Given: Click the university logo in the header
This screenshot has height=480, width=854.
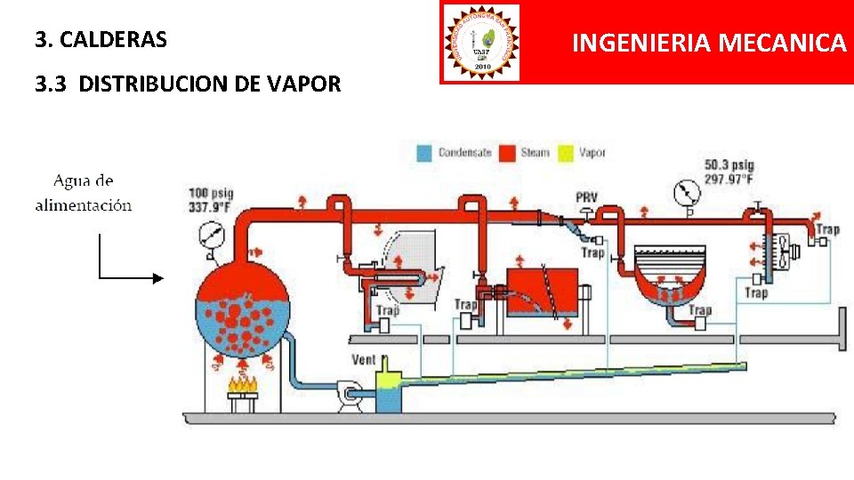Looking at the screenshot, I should pos(480,42).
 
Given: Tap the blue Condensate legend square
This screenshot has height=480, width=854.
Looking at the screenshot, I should pos(425,153).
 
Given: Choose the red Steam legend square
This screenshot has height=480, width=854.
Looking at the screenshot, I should pos(509,153).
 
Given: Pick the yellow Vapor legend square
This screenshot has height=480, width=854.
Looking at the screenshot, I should pos(566,153).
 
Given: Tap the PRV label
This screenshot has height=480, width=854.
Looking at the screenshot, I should pos(586,196).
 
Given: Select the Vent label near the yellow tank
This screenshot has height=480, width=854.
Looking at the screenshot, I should pos(363,361).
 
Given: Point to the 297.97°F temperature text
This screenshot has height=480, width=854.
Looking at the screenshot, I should pos(729,180).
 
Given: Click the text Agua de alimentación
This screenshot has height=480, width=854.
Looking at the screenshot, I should pos(84,193).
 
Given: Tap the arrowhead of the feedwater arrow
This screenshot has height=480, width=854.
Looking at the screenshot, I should pos(159,277).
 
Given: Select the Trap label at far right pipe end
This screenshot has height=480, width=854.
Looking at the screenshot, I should pos(827,229).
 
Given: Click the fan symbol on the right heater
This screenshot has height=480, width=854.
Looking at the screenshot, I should pos(782,251).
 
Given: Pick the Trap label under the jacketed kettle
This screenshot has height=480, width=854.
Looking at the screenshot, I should pos(700,309).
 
